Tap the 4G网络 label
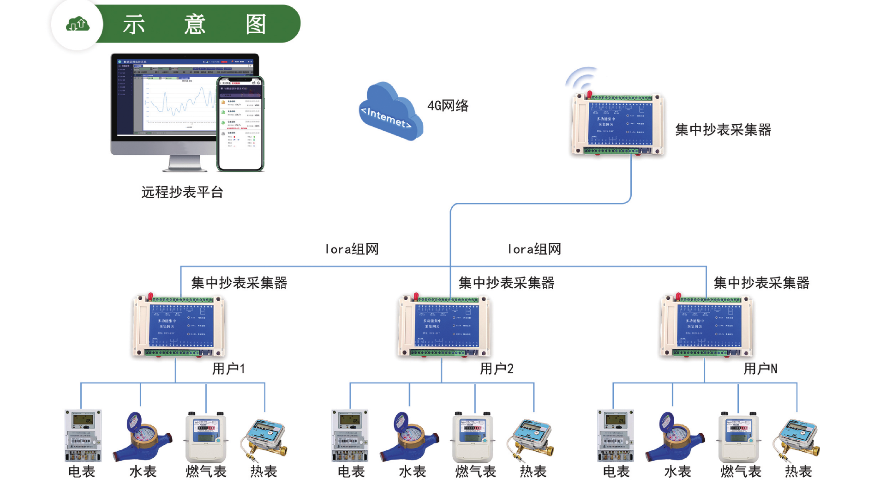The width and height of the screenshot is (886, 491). point(448,106)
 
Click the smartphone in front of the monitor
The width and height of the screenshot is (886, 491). point(240,124)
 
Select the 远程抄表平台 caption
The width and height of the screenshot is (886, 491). point(182,192)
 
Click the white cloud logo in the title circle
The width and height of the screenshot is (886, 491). point(78,24)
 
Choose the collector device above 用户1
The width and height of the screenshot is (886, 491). point(179,326)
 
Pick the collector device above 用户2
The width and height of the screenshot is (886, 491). point(444,326)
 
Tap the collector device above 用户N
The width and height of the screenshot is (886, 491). point(707,326)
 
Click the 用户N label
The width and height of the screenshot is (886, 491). point(760,369)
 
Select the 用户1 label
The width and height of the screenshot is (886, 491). point(228,369)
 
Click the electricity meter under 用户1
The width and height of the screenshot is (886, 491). point(83,436)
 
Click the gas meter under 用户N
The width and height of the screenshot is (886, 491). point(738,436)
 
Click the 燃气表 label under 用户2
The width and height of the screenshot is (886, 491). point(475,472)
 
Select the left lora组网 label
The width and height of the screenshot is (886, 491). point(352,249)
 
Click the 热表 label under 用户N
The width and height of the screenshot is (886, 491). point(798,472)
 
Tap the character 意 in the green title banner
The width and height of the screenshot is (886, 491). point(194,24)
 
